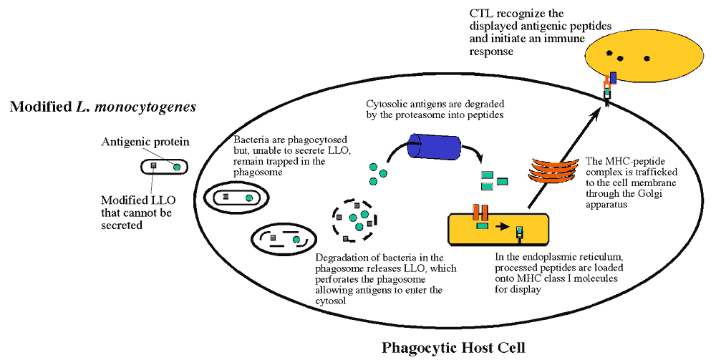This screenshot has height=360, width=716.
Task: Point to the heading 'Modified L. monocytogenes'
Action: [103, 107]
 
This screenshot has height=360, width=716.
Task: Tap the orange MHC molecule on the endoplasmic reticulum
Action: [480, 214]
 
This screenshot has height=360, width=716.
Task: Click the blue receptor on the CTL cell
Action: [613, 78]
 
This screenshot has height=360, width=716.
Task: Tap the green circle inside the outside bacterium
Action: [176, 167]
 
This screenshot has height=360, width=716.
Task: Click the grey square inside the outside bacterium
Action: [153, 167]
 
